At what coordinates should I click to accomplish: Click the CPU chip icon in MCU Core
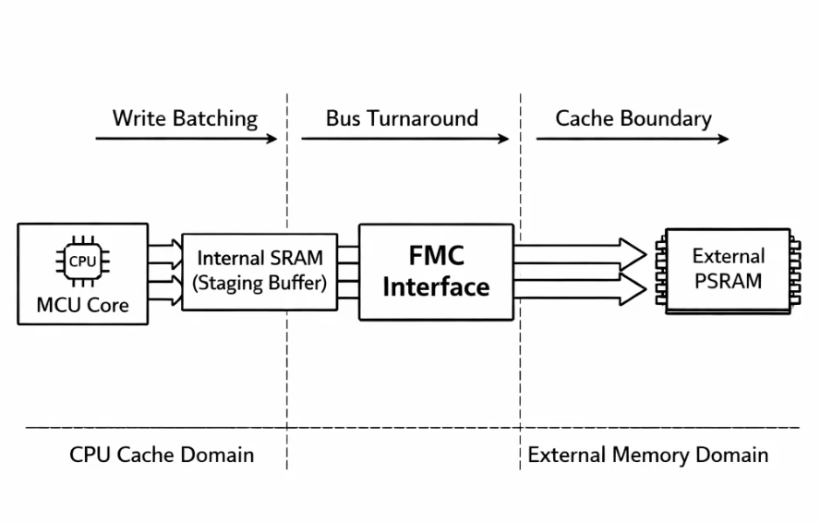click(x=81, y=261)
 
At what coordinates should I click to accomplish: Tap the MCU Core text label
click(x=81, y=303)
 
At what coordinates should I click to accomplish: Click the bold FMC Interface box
click(x=435, y=271)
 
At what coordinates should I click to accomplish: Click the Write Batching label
click(x=185, y=118)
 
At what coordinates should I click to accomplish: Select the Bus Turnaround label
click(x=402, y=118)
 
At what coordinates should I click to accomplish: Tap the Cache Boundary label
click(x=633, y=118)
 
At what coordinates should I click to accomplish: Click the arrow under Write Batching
click(x=186, y=140)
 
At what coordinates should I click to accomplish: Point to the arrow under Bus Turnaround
click(x=404, y=140)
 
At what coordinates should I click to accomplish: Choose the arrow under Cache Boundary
click(x=633, y=140)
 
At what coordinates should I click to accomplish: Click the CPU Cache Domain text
click(x=162, y=455)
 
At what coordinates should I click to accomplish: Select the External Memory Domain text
click(x=648, y=455)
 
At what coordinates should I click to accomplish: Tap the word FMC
click(x=436, y=254)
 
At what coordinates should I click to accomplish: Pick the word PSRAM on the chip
click(x=728, y=281)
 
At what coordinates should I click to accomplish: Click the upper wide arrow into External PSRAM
click(x=580, y=252)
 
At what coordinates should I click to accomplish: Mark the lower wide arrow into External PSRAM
click(x=580, y=289)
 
